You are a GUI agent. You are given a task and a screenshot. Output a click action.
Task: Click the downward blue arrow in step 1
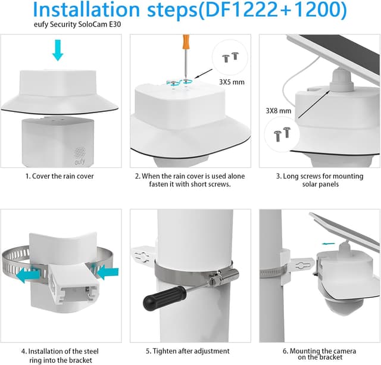click(58, 50)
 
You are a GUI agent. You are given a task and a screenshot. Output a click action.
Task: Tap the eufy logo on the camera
click(80, 161)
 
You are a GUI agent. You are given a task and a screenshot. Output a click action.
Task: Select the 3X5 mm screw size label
click(232, 82)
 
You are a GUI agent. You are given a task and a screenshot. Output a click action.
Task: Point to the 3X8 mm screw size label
click(279, 111)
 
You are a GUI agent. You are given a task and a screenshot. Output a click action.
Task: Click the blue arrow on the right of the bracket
click(107, 272)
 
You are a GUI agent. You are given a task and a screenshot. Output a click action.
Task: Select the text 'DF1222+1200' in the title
click(273, 10)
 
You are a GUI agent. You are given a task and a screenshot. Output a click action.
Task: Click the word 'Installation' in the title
click(86, 10)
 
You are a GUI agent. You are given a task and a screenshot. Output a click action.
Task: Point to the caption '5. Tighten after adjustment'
click(188, 351)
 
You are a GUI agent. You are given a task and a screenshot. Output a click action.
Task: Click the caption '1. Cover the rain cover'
click(60, 176)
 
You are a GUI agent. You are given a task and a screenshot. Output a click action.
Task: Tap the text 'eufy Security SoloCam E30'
click(77, 24)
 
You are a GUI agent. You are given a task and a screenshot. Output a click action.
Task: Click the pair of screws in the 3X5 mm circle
click(230, 57)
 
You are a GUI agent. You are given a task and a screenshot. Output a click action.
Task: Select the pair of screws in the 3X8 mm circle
click(282, 134)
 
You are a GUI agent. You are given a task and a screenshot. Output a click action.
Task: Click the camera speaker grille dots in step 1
click(80, 152)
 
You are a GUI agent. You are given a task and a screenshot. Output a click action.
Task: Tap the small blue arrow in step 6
click(328, 244)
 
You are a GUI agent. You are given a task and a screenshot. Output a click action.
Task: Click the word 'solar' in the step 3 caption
click(310, 184)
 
